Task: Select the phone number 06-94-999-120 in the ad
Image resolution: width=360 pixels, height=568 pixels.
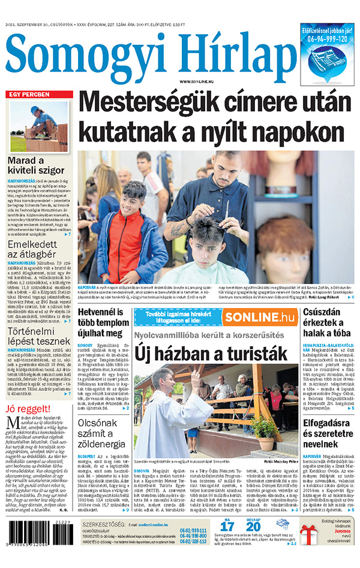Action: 326,38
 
